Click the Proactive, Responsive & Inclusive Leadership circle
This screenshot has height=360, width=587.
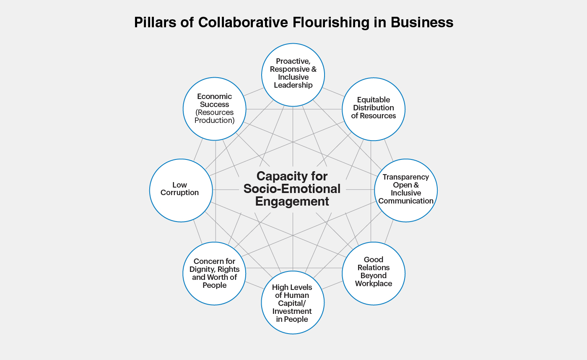click(x=293, y=75)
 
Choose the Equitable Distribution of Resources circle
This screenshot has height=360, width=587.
click(x=374, y=109)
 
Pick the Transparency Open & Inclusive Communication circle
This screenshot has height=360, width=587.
click(x=406, y=190)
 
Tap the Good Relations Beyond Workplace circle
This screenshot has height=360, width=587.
click(x=374, y=273)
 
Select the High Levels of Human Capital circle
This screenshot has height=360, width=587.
click(x=293, y=303)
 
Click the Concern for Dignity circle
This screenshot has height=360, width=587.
click(x=215, y=274)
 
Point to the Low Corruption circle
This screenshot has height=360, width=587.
click(x=181, y=190)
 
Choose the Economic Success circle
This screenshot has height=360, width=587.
click(x=214, y=109)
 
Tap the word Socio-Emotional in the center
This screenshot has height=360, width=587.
click(x=292, y=188)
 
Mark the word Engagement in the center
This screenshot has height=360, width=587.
click(x=292, y=201)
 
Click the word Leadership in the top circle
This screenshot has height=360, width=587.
click(x=293, y=85)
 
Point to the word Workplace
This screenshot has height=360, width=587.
click(x=374, y=284)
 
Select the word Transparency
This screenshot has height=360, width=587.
click(x=406, y=177)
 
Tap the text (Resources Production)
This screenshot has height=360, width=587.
click(x=214, y=116)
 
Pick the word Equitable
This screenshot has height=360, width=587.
click(x=374, y=100)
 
